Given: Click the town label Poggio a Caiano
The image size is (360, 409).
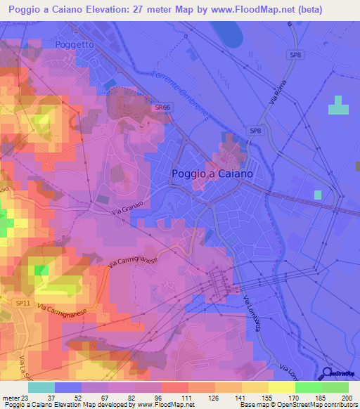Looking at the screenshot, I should point(212,173).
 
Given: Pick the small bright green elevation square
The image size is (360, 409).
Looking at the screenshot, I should point(41,270).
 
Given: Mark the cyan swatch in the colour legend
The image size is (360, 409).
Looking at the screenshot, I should point(41,387).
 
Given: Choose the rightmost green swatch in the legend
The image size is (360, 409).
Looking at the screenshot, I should point(335,387).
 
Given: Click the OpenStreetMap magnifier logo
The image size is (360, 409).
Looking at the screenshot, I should point(328,374).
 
